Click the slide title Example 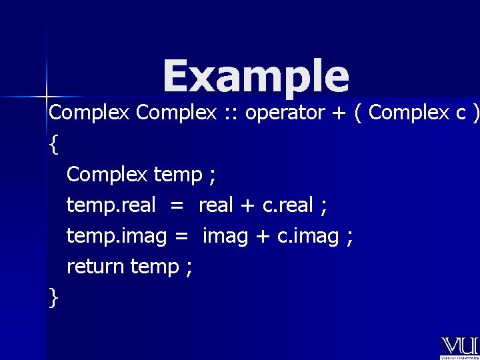tap(255, 76)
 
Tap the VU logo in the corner tap(459, 347)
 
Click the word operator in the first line tap(283, 113)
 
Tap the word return tap(95, 267)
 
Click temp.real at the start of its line tap(111, 206)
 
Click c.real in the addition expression tap(287, 206)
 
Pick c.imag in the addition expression tap(310, 237)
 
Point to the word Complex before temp tap(107, 175)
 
